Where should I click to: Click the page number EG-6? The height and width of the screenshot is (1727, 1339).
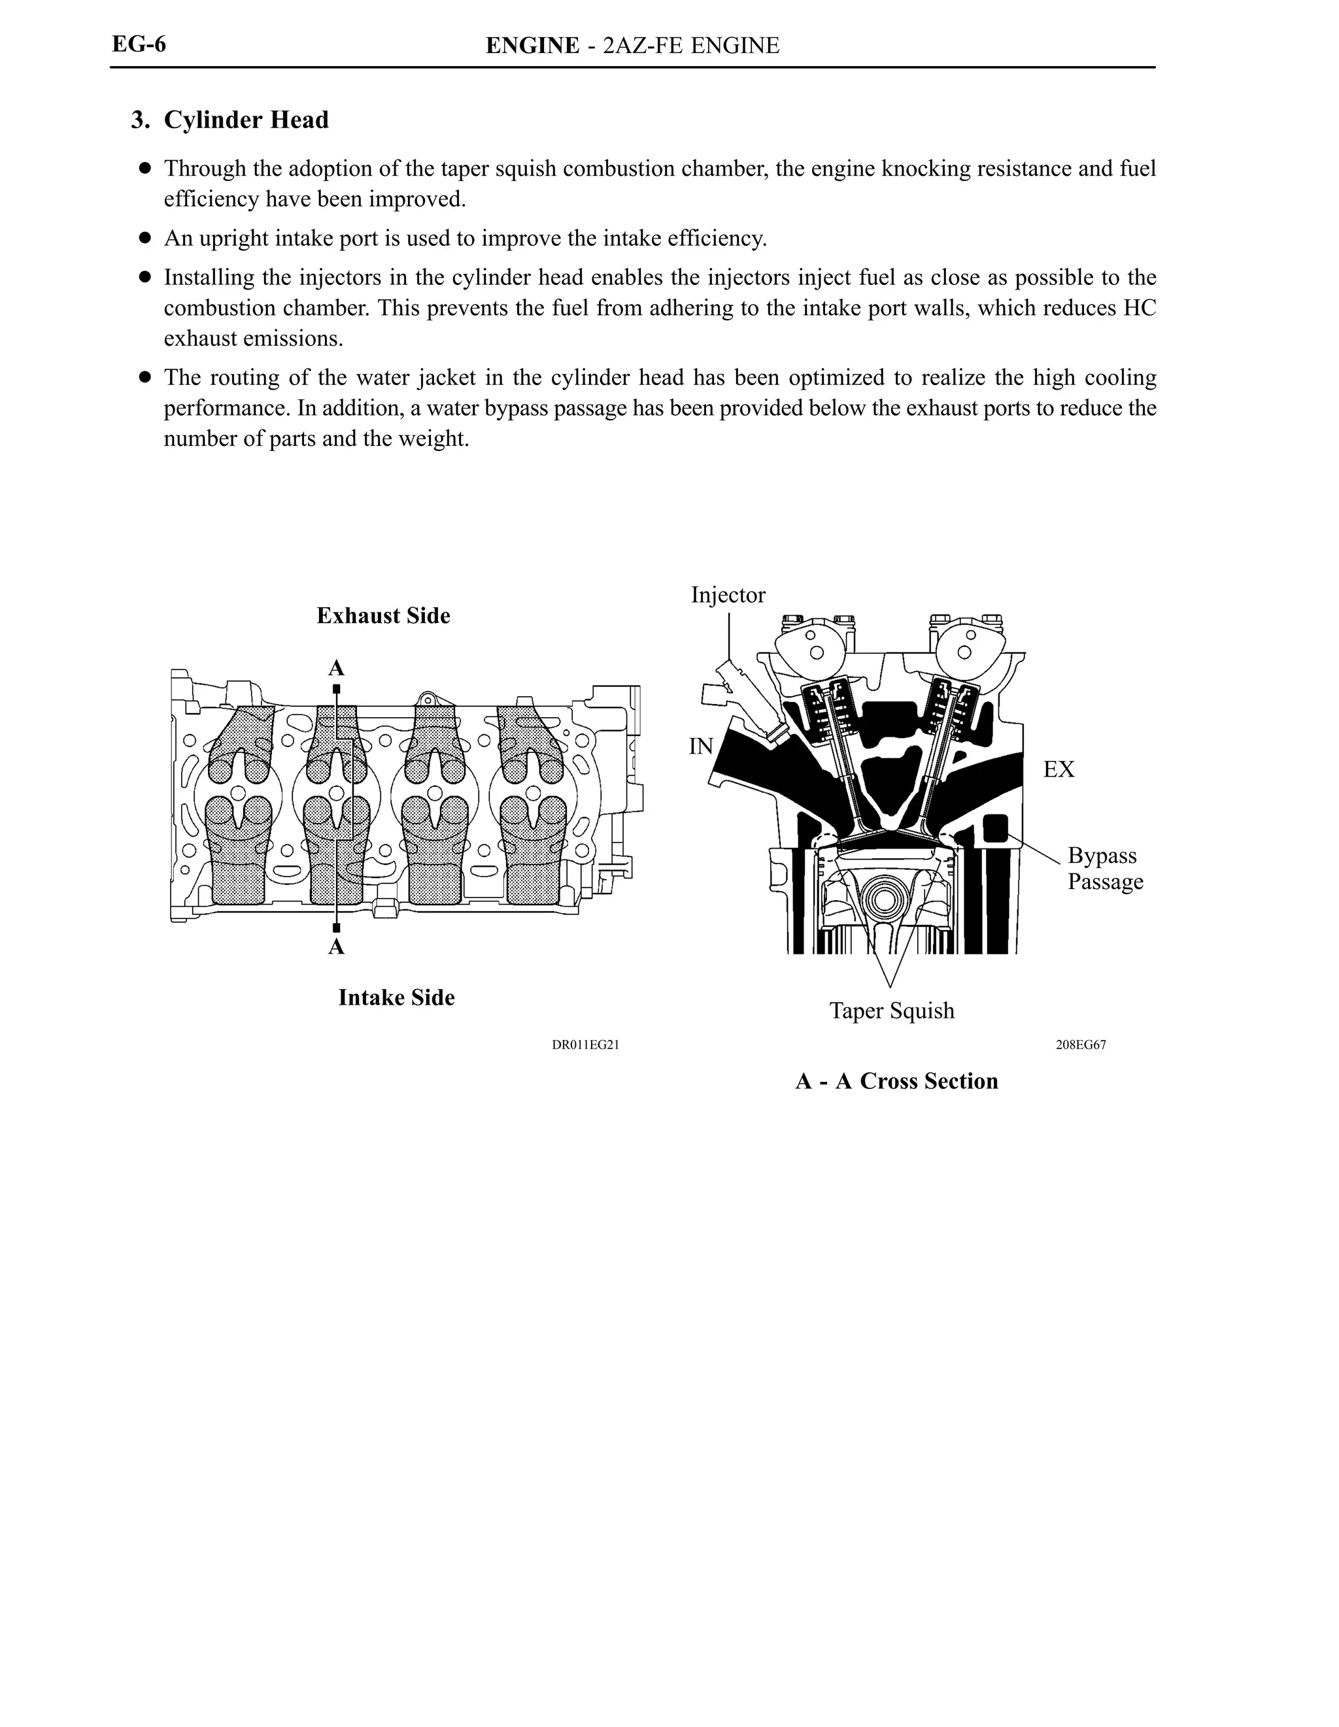pyautogui.click(x=139, y=44)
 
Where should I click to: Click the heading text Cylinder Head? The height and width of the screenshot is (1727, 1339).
pyautogui.click(x=246, y=120)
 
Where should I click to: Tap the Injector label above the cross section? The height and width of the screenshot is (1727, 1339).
pyautogui.click(x=728, y=595)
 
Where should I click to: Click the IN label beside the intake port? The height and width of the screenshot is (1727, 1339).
pyautogui.click(x=701, y=746)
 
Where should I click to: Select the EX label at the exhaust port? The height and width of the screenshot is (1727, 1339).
pyautogui.click(x=1059, y=769)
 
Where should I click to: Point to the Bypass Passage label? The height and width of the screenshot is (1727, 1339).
pyautogui.click(x=1104, y=868)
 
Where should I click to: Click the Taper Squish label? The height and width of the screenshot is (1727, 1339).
pyautogui.click(x=891, y=1011)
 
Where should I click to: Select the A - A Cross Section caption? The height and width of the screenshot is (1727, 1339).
pyautogui.click(x=896, y=1082)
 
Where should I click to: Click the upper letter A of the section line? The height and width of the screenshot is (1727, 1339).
pyautogui.click(x=336, y=669)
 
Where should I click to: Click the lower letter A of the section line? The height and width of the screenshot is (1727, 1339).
pyautogui.click(x=336, y=947)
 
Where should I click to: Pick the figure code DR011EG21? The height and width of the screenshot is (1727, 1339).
pyautogui.click(x=585, y=1045)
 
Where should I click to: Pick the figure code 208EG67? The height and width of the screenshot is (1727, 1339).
pyautogui.click(x=1080, y=1045)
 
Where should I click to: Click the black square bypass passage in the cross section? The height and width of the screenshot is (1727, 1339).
pyautogui.click(x=994, y=829)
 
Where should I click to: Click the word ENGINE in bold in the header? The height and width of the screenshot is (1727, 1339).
pyautogui.click(x=532, y=46)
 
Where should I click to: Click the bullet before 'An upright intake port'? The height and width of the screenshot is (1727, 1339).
pyautogui.click(x=144, y=238)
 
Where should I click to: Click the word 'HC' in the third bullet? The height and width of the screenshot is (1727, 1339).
pyautogui.click(x=1140, y=309)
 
